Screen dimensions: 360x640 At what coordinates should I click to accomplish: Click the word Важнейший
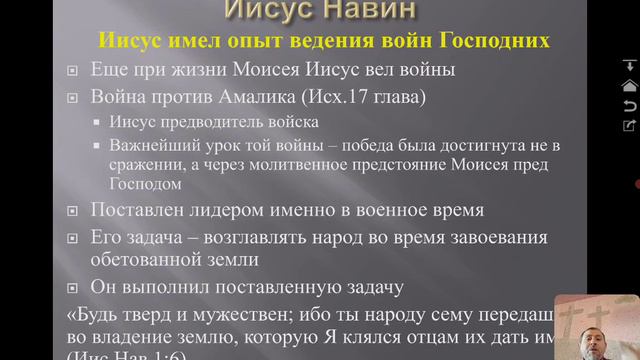(149, 145)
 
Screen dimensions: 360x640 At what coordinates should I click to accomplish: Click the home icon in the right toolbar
(629, 87)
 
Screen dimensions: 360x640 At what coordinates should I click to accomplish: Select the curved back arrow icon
(629, 105)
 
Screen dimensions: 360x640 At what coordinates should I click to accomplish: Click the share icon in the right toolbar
(629, 125)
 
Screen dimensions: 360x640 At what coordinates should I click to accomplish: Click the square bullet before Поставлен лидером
(72, 212)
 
